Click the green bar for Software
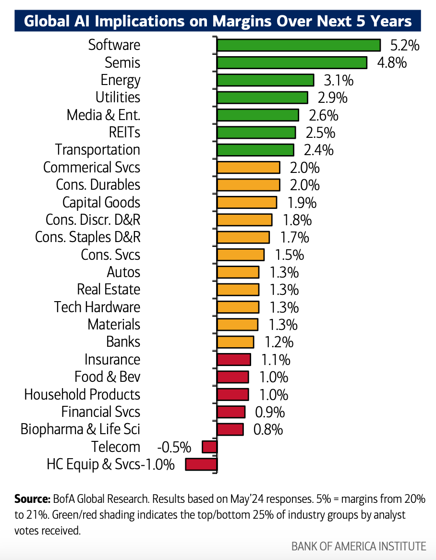[x=298, y=45]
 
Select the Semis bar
[x=292, y=63]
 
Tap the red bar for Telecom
[x=209, y=447]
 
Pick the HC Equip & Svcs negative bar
[x=201, y=464]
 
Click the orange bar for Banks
[x=235, y=342]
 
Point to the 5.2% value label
[x=405, y=46]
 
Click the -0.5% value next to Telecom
[x=174, y=447]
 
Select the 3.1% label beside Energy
[x=335, y=80]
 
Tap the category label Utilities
[x=118, y=97]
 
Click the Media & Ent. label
[x=103, y=115]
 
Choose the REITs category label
[x=125, y=133]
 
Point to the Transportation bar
[x=255, y=150]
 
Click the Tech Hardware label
[x=97, y=307]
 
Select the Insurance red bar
[x=234, y=359]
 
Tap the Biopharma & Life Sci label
[x=80, y=429]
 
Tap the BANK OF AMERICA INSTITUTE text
[x=358, y=546]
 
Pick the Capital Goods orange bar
[x=247, y=202]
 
